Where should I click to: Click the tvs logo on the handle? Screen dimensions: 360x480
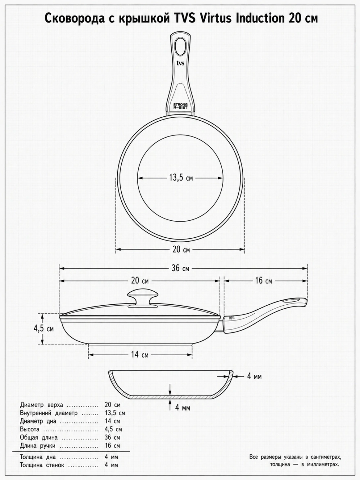click(x=180, y=63)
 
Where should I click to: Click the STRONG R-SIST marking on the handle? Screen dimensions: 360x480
click(x=180, y=106)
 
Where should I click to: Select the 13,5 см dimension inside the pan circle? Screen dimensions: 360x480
click(x=181, y=178)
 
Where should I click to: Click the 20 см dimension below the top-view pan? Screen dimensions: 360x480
click(x=181, y=250)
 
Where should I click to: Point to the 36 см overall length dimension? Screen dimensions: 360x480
click(x=180, y=268)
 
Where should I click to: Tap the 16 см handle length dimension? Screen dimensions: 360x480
click(x=264, y=281)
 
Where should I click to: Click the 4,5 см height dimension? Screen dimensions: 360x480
click(x=44, y=329)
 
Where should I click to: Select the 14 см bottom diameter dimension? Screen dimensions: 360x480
click(x=140, y=354)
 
